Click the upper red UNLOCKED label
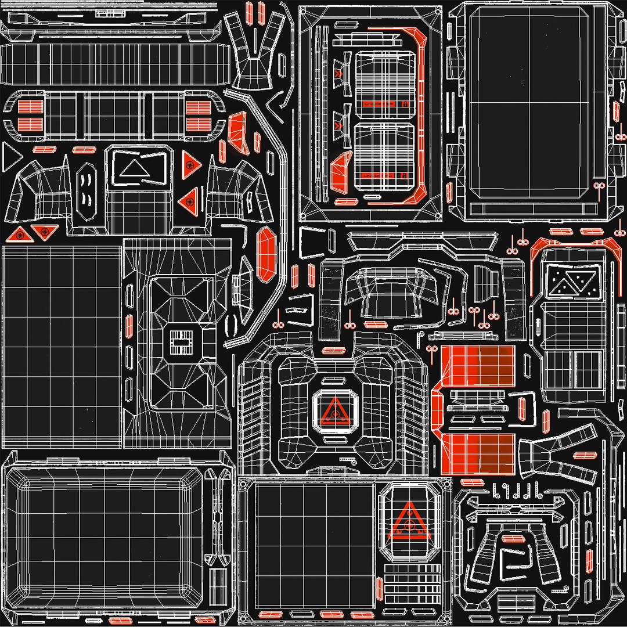pos(378,103)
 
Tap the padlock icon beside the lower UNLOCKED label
pos(404,175)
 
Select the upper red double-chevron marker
pos(338,74)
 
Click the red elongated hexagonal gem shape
pos(266,254)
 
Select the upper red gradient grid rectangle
pos(478,367)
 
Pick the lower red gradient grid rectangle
pos(478,452)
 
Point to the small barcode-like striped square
pos(180,343)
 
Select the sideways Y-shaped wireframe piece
pos(557,453)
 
